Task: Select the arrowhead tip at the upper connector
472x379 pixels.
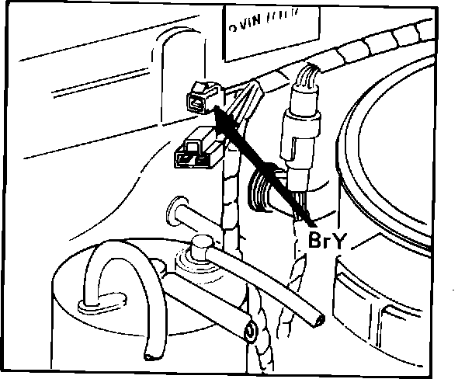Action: (x=218, y=111)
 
